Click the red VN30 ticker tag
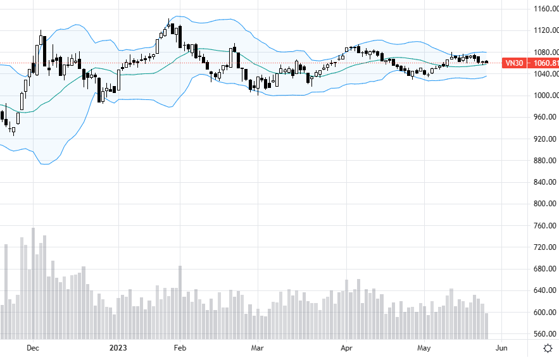pyautogui.click(x=513, y=63)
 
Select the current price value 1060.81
pyautogui.click(x=546, y=63)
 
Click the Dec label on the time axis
pyautogui.click(x=34, y=348)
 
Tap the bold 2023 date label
pyautogui.click(x=119, y=348)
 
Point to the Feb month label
pyautogui.click(x=180, y=348)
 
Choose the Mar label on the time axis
pyautogui.click(x=257, y=348)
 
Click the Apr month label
pyautogui.click(x=346, y=348)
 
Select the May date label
pyautogui.click(x=424, y=348)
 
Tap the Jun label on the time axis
pyautogui.click(x=501, y=348)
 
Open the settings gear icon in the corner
pyautogui.click(x=547, y=348)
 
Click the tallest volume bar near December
pyautogui.click(x=33, y=283)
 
